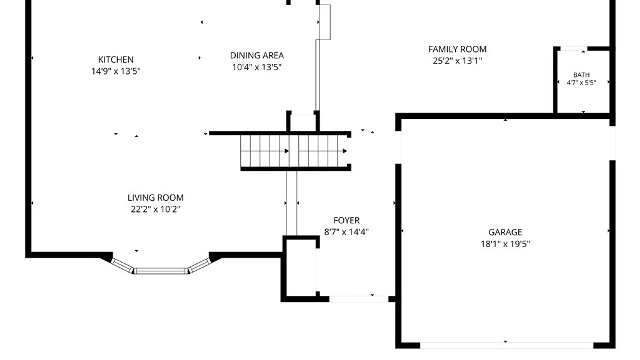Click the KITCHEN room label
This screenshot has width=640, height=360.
116,60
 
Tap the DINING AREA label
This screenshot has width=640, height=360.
257,55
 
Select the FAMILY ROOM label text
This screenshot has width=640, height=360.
457,49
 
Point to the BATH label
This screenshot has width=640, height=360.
581,75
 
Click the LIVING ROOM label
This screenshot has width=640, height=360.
156,198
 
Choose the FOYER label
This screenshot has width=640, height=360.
347,220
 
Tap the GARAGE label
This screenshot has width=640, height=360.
505,232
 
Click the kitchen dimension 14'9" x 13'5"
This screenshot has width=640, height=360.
116,71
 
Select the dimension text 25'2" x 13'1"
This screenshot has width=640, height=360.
457,61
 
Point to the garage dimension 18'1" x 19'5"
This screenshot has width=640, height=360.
505,244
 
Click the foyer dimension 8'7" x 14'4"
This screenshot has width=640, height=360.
347,232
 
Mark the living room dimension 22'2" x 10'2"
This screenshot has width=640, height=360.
156,209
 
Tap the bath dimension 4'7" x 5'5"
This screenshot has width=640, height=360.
581,82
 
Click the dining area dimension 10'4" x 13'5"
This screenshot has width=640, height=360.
257,67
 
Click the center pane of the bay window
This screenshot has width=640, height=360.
161,271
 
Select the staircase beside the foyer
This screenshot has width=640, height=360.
295,151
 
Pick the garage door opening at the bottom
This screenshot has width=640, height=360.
507,345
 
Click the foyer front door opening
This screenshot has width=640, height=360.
359,299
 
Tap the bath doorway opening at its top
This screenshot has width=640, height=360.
574,49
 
